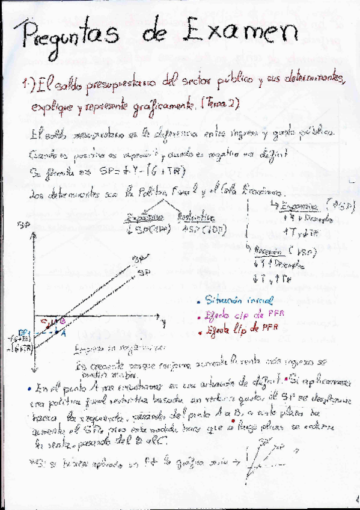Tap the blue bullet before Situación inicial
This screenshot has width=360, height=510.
198,300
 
